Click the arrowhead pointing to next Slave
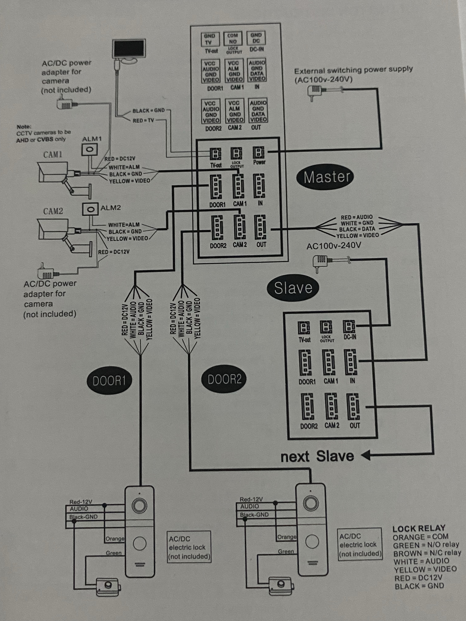tap(366, 455)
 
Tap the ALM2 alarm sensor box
tap(90, 209)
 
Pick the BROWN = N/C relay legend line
tap(427, 553)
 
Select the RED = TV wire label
tap(143, 120)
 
